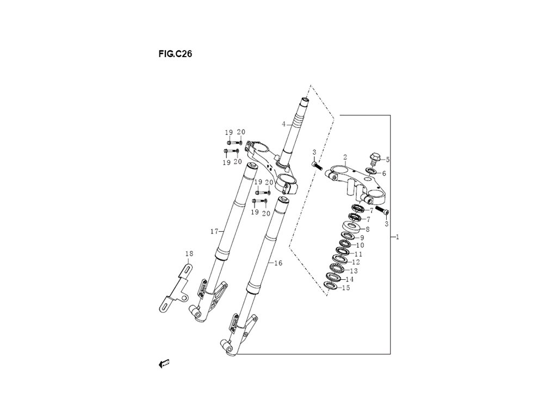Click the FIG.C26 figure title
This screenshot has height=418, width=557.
(x=175, y=54)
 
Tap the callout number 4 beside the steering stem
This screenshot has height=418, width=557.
(x=283, y=124)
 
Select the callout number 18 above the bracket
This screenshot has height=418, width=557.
(x=189, y=254)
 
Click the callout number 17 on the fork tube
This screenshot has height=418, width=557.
(x=214, y=232)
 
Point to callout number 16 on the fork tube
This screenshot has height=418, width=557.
(x=278, y=263)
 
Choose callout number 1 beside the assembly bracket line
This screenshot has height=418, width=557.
(x=398, y=237)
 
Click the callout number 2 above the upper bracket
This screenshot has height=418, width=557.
(x=345, y=157)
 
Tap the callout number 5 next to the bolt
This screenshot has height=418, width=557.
(x=387, y=159)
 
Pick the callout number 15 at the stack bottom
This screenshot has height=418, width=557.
(x=346, y=288)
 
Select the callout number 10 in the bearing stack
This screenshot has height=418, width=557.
(x=360, y=245)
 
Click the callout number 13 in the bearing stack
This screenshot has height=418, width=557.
(x=354, y=271)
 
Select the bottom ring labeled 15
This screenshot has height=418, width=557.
(x=331, y=285)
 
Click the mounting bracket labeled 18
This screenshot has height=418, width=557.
(x=174, y=288)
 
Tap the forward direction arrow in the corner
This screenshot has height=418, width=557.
(x=164, y=364)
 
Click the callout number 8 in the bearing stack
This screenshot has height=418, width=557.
(x=368, y=230)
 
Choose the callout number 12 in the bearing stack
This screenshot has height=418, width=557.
(x=356, y=262)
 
